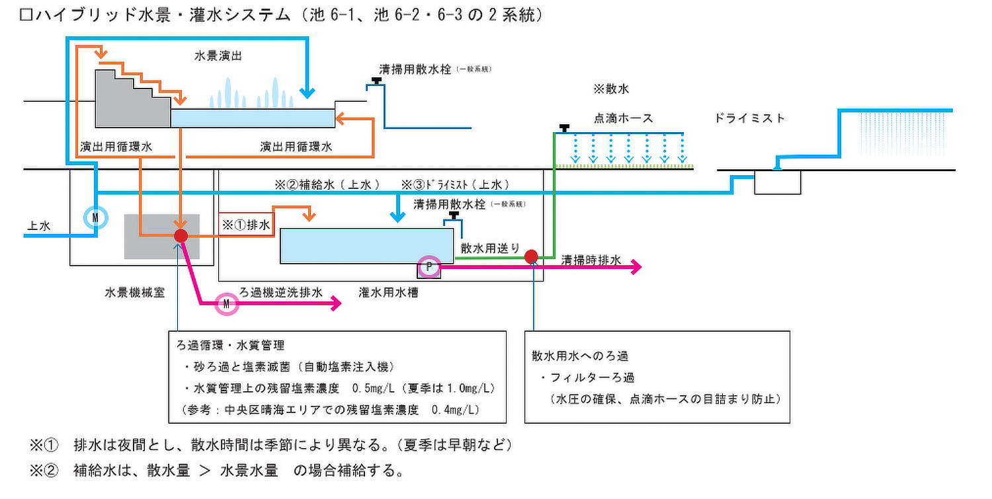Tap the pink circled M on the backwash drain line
point(227,303)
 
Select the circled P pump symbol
point(429,266)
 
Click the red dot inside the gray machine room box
point(181,235)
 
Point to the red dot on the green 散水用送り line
point(531,256)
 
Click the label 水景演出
point(218,56)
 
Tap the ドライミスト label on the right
point(750,118)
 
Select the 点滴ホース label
point(622,118)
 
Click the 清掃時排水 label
point(591,260)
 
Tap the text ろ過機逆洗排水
point(281,291)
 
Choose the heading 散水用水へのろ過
point(579,356)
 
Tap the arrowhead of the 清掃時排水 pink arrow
point(638,267)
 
